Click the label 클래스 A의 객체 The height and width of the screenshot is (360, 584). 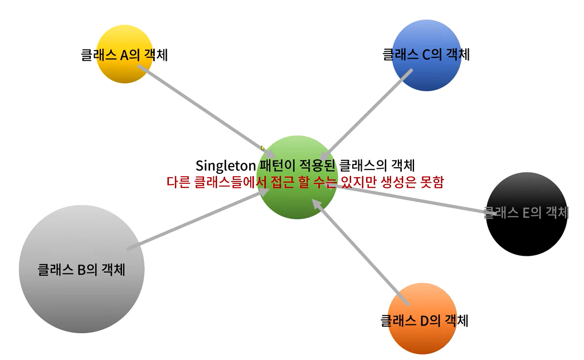[x=124, y=55]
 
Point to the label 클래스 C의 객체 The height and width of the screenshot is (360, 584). [x=426, y=55]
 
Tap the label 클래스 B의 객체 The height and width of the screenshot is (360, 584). [x=81, y=270]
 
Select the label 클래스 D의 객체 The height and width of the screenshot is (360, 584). [x=424, y=321]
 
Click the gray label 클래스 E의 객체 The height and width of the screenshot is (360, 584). [x=526, y=212]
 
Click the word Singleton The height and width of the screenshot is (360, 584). [x=225, y=166]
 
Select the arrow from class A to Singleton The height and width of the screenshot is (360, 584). [x=201, y=106]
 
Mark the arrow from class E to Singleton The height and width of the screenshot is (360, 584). [x=412, y=197]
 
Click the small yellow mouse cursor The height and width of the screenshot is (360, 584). [x=262, y=148]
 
